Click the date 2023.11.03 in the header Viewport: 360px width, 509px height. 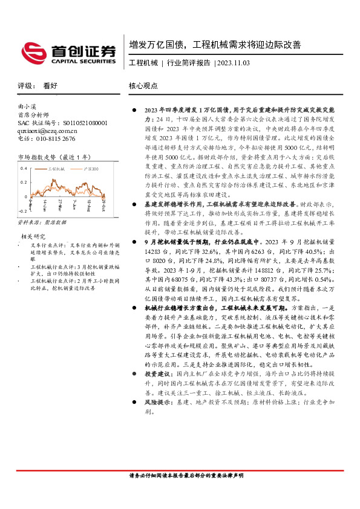tap(232, 62)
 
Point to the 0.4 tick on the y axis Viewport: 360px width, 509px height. tap(24, 167)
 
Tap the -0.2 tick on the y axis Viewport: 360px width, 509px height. tap(23, 211)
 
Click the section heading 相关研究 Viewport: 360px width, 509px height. tap(33, 236)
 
